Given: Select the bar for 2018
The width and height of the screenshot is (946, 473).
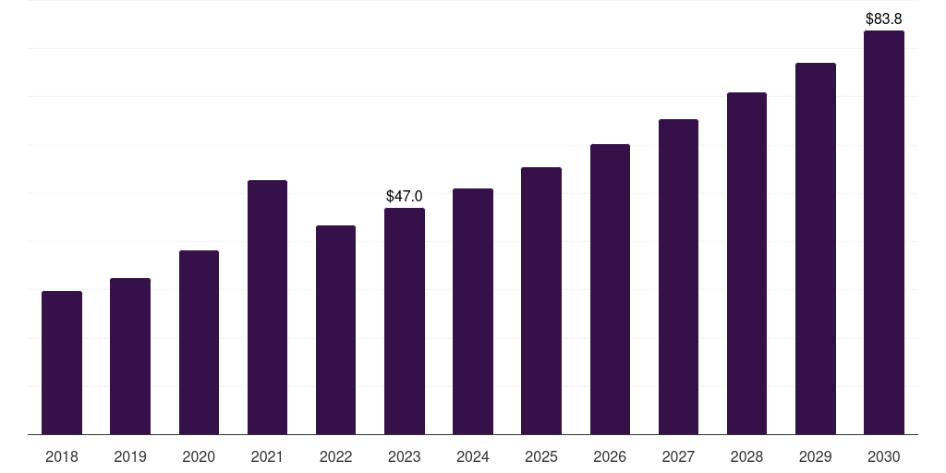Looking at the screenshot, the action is click(x=62, y=362).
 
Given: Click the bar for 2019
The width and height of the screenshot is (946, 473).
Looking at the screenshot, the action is click(x=130, y=356).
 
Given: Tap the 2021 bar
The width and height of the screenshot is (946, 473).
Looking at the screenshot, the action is click(x=267, y=307).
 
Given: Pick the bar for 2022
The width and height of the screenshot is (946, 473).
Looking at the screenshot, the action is click(x=335, y=330).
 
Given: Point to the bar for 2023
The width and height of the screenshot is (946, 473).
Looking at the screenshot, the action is click(x=405, y=321).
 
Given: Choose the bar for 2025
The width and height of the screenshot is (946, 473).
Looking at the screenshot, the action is click(x=541, y=300).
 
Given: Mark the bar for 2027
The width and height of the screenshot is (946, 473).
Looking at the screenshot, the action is click(x=678, y=277).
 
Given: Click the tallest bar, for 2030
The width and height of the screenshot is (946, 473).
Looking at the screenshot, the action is click(x=884, y=232).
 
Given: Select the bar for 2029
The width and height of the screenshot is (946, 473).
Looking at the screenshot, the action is click(x=815, y=249).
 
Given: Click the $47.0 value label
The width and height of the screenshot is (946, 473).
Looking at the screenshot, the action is click(x=405, y=196).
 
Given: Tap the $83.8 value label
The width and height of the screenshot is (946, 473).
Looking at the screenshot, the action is click(x=884, y=18).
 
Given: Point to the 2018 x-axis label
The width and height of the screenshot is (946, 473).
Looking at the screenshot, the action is click(x=62, y=456).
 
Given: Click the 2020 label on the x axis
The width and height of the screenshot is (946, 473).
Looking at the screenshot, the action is click(x=199, y=456).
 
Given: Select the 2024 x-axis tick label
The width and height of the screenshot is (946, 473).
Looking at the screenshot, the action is click(x=472, y=456).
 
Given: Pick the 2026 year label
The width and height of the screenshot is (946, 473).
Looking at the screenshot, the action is click(x=610, y=456).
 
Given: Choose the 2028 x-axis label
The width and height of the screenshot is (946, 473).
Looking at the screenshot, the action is click(x=746, y=456).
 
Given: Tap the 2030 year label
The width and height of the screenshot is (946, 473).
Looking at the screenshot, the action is click(x=884, y=456).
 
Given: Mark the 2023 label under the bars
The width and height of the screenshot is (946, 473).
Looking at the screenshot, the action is click(x=405, y=456).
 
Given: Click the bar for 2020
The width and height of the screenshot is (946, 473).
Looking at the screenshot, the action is click(x=199, y=342).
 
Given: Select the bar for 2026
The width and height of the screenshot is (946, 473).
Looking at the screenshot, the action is click(x=610, y=289).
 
